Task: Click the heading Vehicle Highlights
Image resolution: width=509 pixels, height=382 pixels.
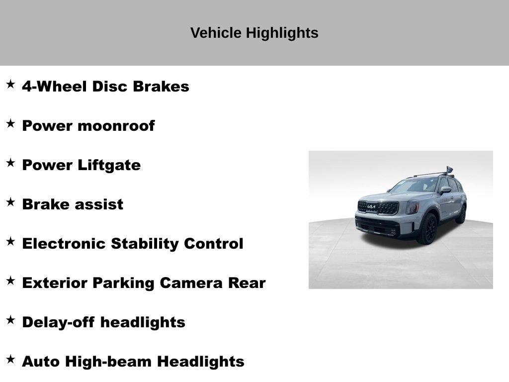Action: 254,33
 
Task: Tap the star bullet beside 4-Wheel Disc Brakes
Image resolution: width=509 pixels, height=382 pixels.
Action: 10,84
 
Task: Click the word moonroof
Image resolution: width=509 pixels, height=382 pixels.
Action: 116,126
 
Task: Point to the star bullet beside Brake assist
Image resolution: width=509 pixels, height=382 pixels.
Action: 10,202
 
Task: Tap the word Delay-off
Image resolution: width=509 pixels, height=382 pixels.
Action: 59,322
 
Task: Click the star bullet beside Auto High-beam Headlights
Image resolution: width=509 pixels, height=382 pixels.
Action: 10,359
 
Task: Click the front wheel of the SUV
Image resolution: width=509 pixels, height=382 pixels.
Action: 427,229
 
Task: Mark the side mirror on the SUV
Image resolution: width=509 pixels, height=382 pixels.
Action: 445,190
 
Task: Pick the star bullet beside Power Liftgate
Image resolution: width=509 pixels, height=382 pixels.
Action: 10,163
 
